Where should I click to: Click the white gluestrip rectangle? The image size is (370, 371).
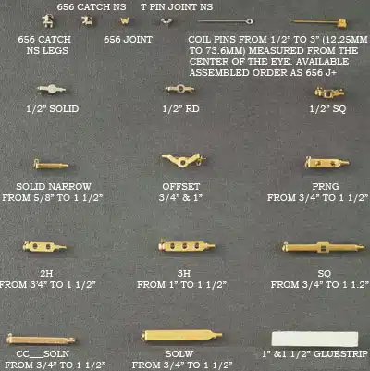point(314,339)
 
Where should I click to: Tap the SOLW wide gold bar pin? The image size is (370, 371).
point(181,335)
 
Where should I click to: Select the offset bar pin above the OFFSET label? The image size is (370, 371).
point(183,160)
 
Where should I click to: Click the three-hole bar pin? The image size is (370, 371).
point(187,246)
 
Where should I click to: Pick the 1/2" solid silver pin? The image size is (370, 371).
point(52,90)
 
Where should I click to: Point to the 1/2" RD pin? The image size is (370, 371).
point(180,89)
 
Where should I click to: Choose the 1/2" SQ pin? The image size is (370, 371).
point(329,92)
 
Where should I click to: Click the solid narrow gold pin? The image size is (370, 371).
point(51,165)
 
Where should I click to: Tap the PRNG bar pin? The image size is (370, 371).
point(327,162)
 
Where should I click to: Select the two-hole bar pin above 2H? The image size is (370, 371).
point(44,246)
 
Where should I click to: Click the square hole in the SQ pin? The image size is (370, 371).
point(323,247)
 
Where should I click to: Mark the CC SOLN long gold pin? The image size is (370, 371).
point(41,340)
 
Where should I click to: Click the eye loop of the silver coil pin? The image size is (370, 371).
point(250,21)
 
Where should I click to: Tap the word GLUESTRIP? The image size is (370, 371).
point(340,354)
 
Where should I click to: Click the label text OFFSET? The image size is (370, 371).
point(181,186)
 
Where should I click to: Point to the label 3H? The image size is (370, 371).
point(184,273)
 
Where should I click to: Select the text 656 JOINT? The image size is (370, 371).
point(128,40)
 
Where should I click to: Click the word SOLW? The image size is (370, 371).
point(179,354)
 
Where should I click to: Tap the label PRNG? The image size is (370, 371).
point(326,186)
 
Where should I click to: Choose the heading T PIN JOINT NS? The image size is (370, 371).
point(177,7)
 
